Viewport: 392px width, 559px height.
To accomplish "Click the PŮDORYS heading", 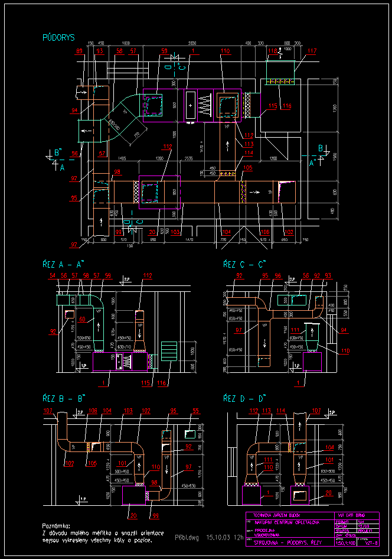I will pos(58,37).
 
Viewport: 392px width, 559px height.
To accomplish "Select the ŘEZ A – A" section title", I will pos(64,264).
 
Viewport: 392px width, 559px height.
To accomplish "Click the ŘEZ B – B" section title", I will pos(64,398).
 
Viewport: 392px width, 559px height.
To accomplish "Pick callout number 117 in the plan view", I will pos(312,51).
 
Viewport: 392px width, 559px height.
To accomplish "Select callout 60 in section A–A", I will pos(83,319).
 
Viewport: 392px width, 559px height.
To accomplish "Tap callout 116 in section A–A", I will pos(162,383).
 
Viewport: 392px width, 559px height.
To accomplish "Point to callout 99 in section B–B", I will pos(155,515).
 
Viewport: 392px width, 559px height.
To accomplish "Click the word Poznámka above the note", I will pos(57,525).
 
